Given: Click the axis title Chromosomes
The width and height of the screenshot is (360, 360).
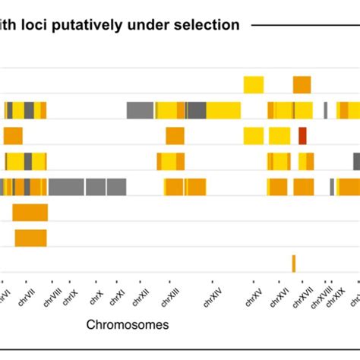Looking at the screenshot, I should coord(128,325).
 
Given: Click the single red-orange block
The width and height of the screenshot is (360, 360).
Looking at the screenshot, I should coord(302,136).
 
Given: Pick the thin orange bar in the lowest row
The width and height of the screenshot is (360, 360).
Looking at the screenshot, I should coord(293,263).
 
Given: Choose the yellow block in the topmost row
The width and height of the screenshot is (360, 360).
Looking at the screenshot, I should coord(254,85).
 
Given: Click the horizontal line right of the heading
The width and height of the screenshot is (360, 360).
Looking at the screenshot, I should coord(304,25).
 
